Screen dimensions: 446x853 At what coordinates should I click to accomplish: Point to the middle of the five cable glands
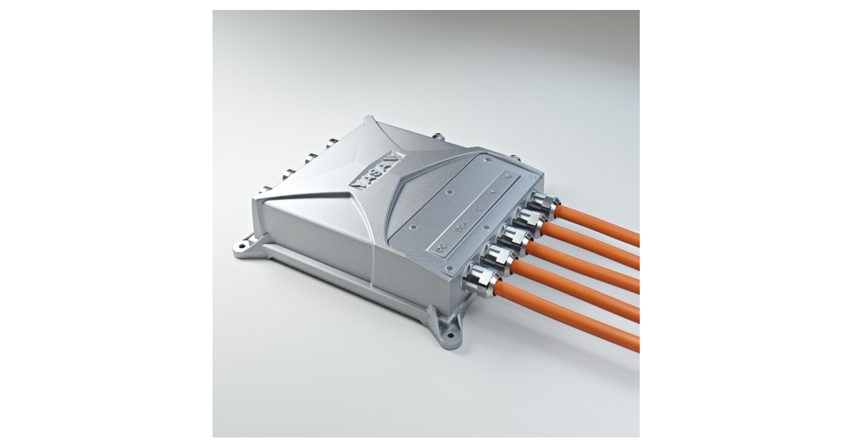tap(511, 238)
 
